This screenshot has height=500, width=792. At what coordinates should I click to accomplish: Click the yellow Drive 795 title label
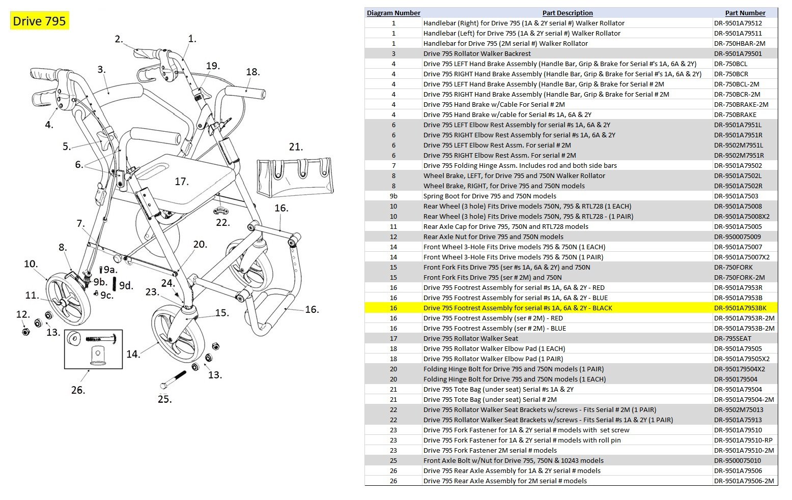pos(39,21)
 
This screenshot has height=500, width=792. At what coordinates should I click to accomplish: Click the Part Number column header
pos(745,13)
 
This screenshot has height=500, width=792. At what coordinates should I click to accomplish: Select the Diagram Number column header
pos(393,13)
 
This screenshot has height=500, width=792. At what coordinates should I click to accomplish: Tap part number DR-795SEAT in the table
pos(732,338)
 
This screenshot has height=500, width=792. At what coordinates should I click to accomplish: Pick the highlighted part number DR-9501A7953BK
pos(740,308)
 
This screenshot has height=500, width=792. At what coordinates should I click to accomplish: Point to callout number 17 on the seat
pos(181,182)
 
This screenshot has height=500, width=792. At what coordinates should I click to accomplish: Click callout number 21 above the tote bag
pos(295,147)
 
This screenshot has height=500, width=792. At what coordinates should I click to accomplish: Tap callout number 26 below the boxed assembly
pos(77,390)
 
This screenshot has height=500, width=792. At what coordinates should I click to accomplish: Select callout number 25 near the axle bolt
pos(164,399)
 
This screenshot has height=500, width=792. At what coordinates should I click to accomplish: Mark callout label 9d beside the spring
pos(126,285)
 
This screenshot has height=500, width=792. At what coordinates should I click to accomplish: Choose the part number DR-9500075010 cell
pos(737,460)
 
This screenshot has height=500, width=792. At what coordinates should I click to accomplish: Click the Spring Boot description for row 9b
pos(489,196)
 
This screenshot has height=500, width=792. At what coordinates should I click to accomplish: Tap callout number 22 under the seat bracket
pos(222,222)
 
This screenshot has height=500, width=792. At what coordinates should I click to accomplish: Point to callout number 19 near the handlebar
pos(212,66)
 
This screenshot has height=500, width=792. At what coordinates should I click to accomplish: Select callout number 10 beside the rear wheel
pos(31,263)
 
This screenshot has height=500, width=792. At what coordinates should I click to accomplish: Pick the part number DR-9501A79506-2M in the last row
pos(744,481)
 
